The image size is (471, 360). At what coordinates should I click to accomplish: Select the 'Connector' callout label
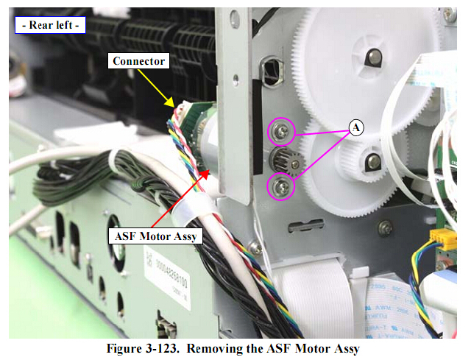138,62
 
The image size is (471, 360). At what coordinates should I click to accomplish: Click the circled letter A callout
356,127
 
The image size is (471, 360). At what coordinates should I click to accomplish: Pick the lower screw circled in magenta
282,186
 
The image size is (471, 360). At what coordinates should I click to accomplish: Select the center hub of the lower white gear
374,160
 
